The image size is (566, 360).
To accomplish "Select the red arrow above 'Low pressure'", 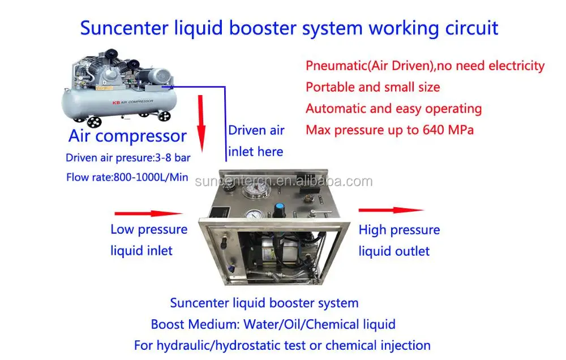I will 148,214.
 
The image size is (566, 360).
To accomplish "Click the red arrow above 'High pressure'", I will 390,211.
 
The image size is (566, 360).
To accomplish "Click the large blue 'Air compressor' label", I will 127,136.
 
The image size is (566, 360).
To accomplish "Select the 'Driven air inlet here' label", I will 256,141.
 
